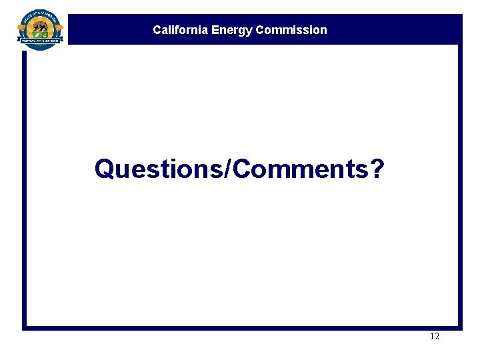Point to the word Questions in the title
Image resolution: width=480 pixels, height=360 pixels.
(160, 169)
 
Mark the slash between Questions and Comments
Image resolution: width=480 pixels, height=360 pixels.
(230, 169)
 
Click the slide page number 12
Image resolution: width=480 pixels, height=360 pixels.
(435, 337)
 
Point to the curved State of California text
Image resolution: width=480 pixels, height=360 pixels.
(41, 15)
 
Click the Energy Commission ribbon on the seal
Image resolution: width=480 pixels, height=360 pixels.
(41, 41)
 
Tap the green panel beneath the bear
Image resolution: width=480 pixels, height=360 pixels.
(41, 34)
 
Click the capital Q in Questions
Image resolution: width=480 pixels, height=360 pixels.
(104, 169)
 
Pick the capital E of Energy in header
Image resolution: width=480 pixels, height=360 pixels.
(215, 30)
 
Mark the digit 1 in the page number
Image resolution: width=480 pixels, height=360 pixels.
(432, 337)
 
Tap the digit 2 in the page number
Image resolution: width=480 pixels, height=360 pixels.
(437, 337)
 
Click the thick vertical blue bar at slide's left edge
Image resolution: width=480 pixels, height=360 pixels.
(25, 187)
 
